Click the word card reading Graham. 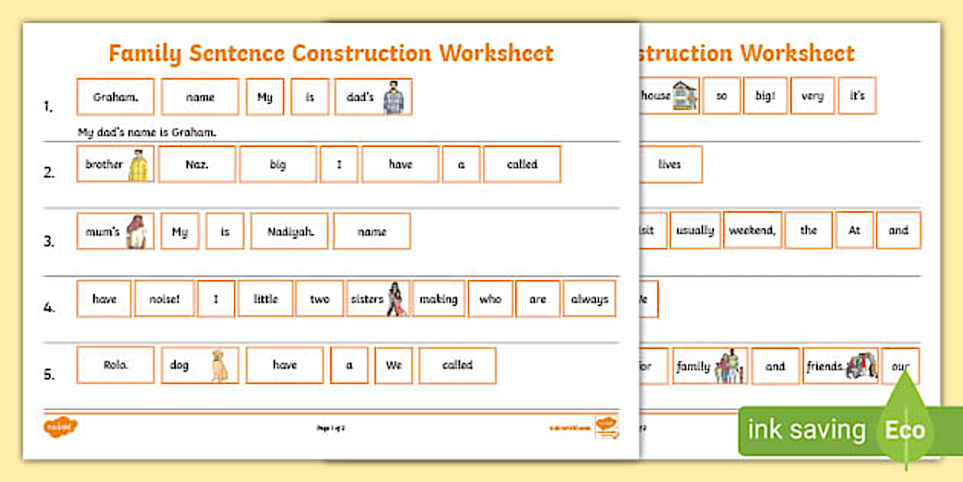(115, 97)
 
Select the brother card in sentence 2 (115, 164)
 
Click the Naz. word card (199, 164)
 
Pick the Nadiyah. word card (289, 231)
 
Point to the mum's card (115, 231)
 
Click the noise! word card (164, 299)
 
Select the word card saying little (265, 299)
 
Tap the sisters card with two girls (378, 299)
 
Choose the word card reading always (589, 299)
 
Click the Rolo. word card (115, 365)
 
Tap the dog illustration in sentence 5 (219, 366)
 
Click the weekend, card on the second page (753, 230)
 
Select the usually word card (695, 230)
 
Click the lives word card (669, 164)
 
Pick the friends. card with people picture (840, 366)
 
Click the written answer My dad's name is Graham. (147, 132)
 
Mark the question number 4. (48, 308)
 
